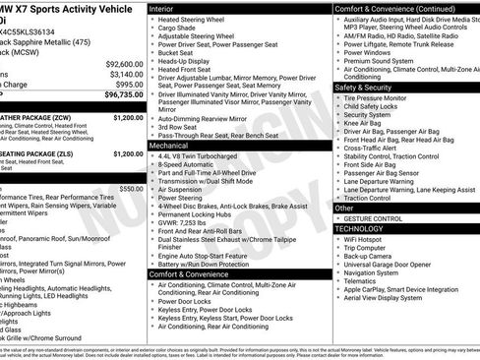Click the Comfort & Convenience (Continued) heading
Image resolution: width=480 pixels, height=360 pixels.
click(x=390, y=8)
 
